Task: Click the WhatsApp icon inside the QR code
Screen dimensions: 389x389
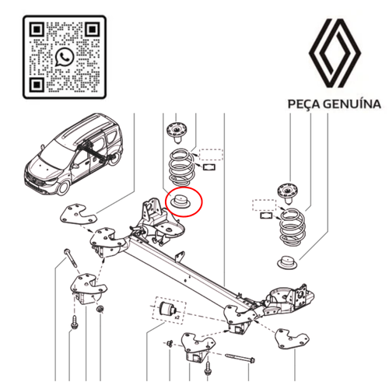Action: (65, 58)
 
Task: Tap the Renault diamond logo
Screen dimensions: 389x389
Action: (335, 53)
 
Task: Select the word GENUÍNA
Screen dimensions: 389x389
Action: (352, 103)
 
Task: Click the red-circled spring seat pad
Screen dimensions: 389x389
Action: (180, 202)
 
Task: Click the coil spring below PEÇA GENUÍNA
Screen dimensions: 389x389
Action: (291, 228)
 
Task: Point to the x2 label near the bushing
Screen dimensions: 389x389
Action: (177, 317)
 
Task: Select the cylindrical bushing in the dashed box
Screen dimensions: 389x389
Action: (168, 308)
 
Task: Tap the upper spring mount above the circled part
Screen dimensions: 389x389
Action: (177, 131)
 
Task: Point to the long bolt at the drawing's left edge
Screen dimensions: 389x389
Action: (71, 258)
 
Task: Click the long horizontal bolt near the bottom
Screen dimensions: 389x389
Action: (240, 358)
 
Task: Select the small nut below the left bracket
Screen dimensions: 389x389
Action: (100, 309)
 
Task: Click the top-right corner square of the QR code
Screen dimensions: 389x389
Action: (92, 30)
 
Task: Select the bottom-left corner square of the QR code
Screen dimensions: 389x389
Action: (37, 85)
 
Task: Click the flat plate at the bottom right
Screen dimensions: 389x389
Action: (293, 338)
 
